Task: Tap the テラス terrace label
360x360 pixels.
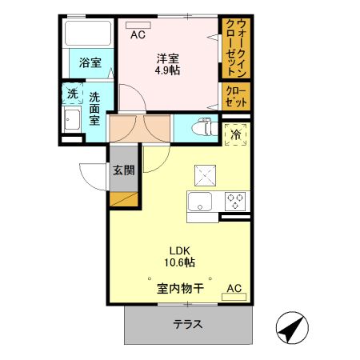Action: [x=188, y=325]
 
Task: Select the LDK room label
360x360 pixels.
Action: [x=178, y=248]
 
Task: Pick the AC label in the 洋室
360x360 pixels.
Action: [x=138, y=34]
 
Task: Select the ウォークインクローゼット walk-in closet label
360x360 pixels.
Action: [x=237, y=48]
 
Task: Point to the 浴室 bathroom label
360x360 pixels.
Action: [x=90, y=63]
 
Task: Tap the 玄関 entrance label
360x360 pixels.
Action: [x=123, y=170]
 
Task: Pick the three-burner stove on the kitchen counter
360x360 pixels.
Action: [x=235, y=200]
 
